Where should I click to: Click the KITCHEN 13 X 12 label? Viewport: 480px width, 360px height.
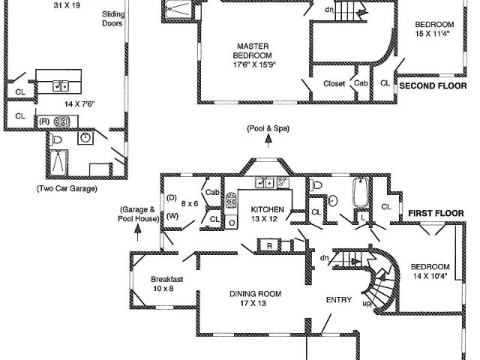click(268, 214)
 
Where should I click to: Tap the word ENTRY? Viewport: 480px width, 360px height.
click(338, 300)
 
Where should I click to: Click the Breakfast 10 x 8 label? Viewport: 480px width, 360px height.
click(166, 283)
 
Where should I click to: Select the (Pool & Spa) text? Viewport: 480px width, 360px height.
click(268, 128)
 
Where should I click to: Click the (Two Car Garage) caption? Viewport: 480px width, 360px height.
click(67, 188)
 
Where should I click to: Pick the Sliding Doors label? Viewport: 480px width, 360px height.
click(112, 18)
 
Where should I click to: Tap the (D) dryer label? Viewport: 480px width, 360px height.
click(170, 199)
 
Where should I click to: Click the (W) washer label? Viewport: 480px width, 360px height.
click(172, 217)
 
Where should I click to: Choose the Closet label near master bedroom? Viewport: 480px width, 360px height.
click(334, 84)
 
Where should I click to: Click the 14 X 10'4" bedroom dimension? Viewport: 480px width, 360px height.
click(430, 276)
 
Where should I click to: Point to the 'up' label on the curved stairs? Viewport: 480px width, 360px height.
click(366, 304)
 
